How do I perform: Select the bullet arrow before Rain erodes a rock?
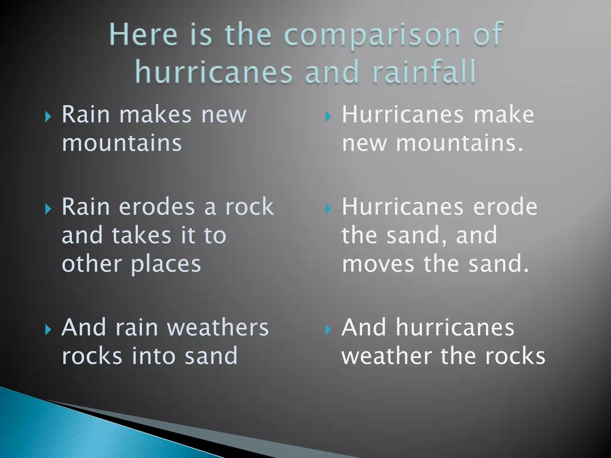pos(48,209)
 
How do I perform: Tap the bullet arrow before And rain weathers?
pos(48,329)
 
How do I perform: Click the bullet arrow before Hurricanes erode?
pos(328,209)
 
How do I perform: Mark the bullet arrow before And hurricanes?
pos(328,329)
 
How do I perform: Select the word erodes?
pos(157,207)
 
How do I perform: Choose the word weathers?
pos(218,327)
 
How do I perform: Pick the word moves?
pos(378,264)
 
